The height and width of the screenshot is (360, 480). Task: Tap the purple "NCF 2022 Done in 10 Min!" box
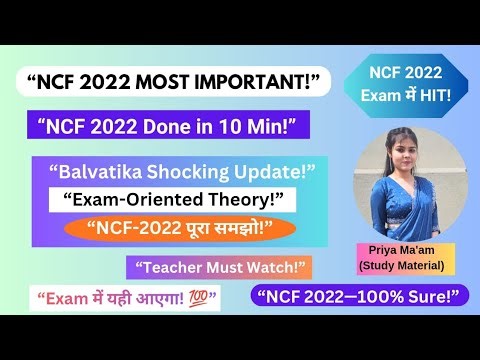[170, 126]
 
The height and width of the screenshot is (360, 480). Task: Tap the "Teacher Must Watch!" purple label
[219, 267]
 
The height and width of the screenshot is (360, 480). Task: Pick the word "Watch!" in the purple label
[277, 267]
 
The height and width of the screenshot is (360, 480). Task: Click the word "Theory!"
[238, 200]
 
